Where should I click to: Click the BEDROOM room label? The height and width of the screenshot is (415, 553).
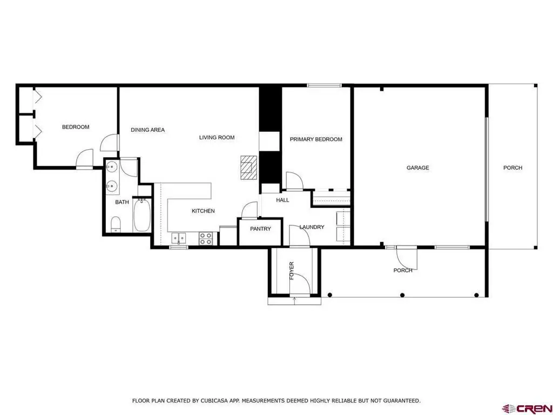click(x=76, y=127)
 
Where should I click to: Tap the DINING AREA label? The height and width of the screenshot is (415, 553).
click(x=148, y=130)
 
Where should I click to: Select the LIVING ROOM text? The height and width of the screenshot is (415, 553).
click(x=217, y=137)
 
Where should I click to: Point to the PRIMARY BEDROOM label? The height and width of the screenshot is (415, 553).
click(x=316, y=139)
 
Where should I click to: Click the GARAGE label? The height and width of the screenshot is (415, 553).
click(x=418, y=168)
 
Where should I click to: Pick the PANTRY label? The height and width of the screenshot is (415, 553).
click(x=261, y=229)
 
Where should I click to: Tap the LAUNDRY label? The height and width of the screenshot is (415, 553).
click(x=312, y=227)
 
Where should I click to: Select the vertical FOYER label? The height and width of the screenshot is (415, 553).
click(x=292, y=271)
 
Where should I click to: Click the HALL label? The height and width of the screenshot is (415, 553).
click(x=282, y=200)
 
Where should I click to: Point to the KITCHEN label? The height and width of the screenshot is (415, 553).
click(x=203, y=211)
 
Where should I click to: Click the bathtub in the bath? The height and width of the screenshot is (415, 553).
click(x=142, y=215)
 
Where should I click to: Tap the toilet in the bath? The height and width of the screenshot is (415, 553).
click(x=116, y=224)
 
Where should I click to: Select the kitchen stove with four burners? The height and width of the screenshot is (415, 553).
click(x=206, y=238)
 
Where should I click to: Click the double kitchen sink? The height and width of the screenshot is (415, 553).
click(x=179, y=238)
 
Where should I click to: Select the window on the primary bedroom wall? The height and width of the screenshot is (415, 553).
click(x=324, y=85)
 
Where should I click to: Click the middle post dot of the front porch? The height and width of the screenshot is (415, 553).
click(x=402, y=295)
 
